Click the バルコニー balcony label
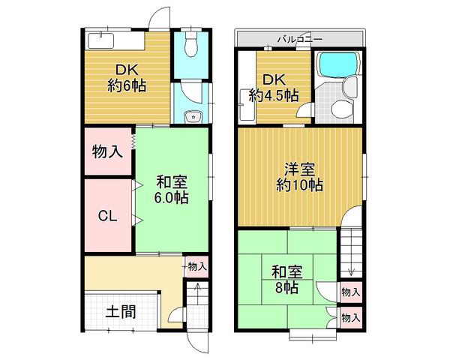pos(299,38)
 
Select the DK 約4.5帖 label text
pos(274,87)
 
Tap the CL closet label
pos(108,216)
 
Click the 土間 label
pos(120,311)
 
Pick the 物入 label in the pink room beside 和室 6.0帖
pos(107,151)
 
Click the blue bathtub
pos(338,67)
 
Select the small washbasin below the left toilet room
pos(193,116)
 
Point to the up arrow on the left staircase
pos(196,289)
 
